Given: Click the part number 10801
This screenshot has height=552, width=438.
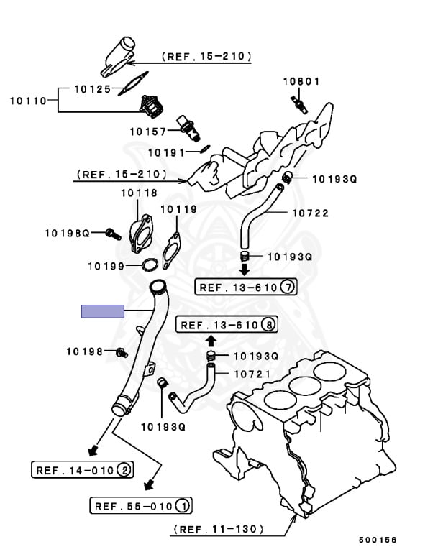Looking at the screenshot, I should click(x=301, y=82).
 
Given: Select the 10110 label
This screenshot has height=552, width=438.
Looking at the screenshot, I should click(x=27, y=101).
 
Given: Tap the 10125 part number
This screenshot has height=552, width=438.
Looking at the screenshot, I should click(x=93, y=89).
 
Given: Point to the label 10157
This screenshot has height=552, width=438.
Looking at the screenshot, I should click(x=147, y=132).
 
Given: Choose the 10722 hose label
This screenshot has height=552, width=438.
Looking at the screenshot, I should click(x=310, y=213).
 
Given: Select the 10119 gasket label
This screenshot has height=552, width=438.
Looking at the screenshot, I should click(x=178, y=210).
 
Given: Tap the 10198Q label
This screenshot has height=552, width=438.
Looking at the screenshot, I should click(x=67, y=233).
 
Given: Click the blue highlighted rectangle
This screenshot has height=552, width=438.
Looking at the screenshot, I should click(x=102, y=310).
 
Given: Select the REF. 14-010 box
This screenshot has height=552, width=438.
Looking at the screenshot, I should click(x=82, y=471).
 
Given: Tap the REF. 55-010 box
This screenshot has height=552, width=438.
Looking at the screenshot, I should click(x=141, y=507).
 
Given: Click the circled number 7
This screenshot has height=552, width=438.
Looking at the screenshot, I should click(x=288, y=287).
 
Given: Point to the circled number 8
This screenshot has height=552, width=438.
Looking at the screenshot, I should click(x=268, y=325).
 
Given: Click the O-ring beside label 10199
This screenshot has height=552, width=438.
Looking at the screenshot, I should click(x=150, y=266).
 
